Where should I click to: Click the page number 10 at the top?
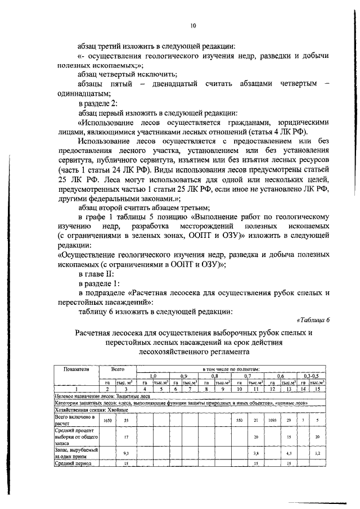click(x=192, y=25)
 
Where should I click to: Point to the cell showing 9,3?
click(x=125, y=452)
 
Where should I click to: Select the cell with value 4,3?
click(x=288, y=452)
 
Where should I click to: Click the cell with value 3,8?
click(x=255, y=452)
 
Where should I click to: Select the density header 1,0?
click(x=152, y=375)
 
